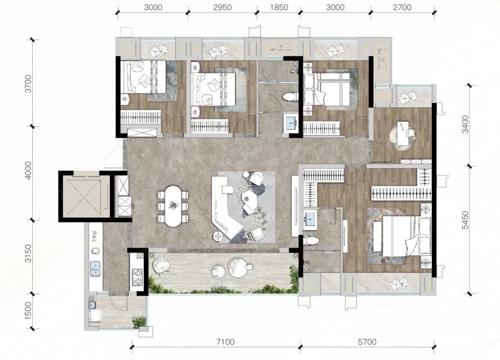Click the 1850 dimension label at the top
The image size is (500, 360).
279,7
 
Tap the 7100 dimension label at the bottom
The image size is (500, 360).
225,342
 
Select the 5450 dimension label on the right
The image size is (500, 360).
465,220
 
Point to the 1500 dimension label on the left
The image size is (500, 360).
28,311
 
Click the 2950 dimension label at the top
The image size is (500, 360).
223,7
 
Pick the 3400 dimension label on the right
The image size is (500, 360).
465,125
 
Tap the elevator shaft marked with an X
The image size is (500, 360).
84,196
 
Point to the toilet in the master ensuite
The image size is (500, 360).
310,240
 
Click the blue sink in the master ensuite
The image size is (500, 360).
309,220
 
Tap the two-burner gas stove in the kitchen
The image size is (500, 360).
138,277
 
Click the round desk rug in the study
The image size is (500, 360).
404,137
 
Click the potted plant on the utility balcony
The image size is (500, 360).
139,322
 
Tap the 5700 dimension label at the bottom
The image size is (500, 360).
367,342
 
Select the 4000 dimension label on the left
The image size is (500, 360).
28,170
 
